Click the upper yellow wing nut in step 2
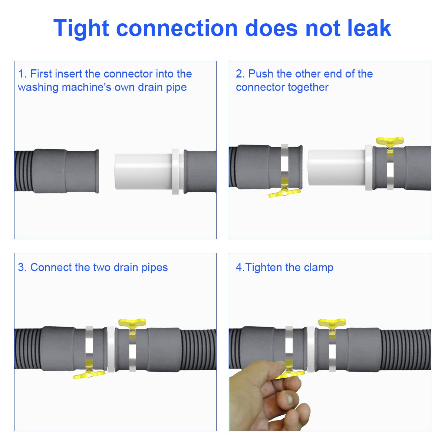coord(390,141)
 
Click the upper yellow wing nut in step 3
coord(132,322)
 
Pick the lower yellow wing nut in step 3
coord(89,374)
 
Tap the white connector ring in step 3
coord(111,349)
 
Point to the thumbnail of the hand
coord(289,399)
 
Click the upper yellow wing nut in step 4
coord(332,322)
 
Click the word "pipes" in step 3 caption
coord(155,268)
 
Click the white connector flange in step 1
coord(175,172)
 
